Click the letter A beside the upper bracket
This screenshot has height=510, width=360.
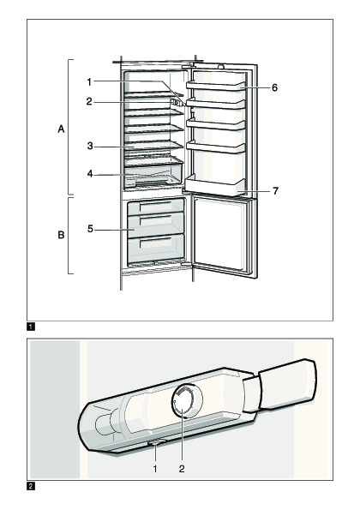click(61, 129)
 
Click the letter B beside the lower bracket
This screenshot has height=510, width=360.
click(61, 235)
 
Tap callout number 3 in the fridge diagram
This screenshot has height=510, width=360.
click(90, 146)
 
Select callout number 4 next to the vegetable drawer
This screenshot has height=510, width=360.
click(90, 174)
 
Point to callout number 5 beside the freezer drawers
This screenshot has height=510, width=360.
click(90, 229)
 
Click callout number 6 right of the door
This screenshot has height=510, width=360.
click(275, 87)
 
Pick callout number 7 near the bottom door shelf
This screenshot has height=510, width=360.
click(275, 190)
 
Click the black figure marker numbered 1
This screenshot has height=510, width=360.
click(31, 327)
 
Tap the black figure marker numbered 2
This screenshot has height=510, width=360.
click(31, 487)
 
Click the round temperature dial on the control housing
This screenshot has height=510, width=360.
click(183, 400)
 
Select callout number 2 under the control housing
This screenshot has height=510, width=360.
click(182, 469)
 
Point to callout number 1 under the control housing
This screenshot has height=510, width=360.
click(155, 469)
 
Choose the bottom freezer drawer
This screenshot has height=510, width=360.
click(156, 249)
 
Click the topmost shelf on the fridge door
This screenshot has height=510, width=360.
click(215, 86)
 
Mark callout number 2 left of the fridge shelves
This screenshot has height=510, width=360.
click(89, 102)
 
